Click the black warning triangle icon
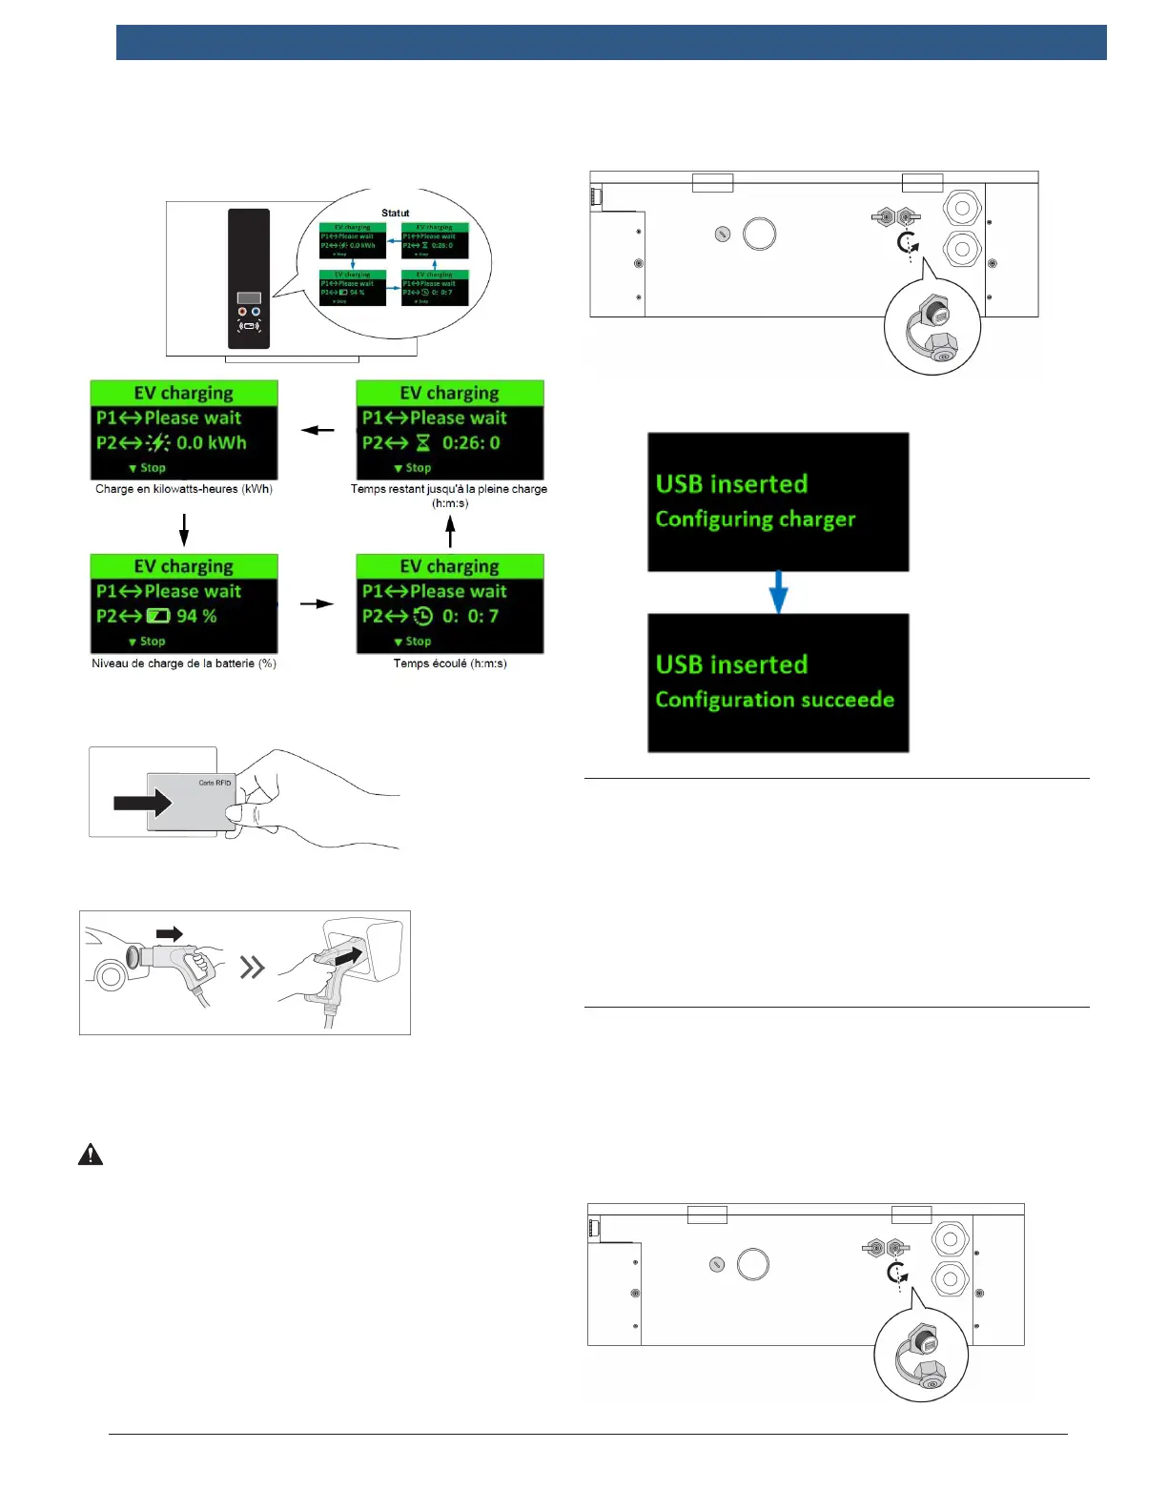[91, 1154]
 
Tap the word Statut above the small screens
[395, 214]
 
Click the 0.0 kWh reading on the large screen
[212, 443]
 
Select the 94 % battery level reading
[196, 617]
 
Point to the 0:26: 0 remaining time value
[471, 443]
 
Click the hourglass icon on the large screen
[423, 443]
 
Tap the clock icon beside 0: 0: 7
[423, 617]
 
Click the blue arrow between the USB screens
[778, 592]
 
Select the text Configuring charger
[755, 520]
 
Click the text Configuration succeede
[774, 700]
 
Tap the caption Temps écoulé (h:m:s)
[450, 663]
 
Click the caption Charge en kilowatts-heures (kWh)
[184, 489]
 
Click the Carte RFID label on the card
[215, 783]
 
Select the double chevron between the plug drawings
[252, 969]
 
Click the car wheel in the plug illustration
[111, 976]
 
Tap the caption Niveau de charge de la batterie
[184, 663]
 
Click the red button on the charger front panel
[242, 312]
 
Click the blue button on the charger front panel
[256, 312]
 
